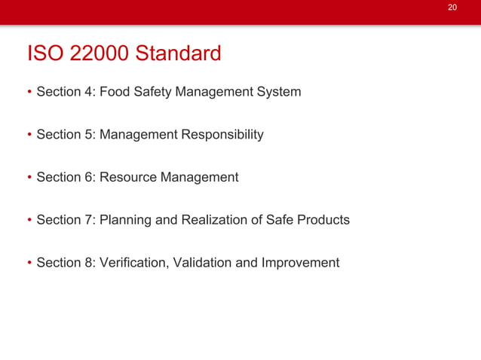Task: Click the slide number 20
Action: (452, 8)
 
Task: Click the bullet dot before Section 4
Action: (29, 93)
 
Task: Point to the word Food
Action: (115, 92)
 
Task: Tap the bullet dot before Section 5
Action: (29, 136)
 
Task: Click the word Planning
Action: (125, 221)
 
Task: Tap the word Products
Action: (323, 220)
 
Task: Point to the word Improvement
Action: (300, 263)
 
